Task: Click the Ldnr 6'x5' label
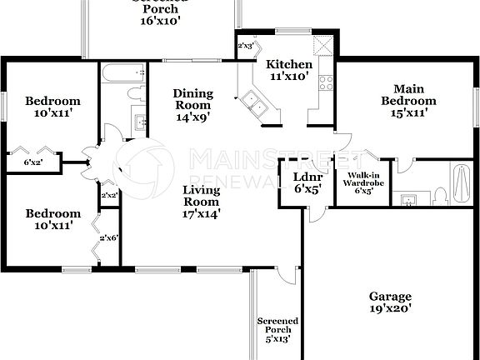point(308,182)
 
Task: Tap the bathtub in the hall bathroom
point(122,76)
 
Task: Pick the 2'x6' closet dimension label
point(109,238)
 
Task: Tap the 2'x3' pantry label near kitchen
point(246,47)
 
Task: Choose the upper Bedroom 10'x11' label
point(52,106)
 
